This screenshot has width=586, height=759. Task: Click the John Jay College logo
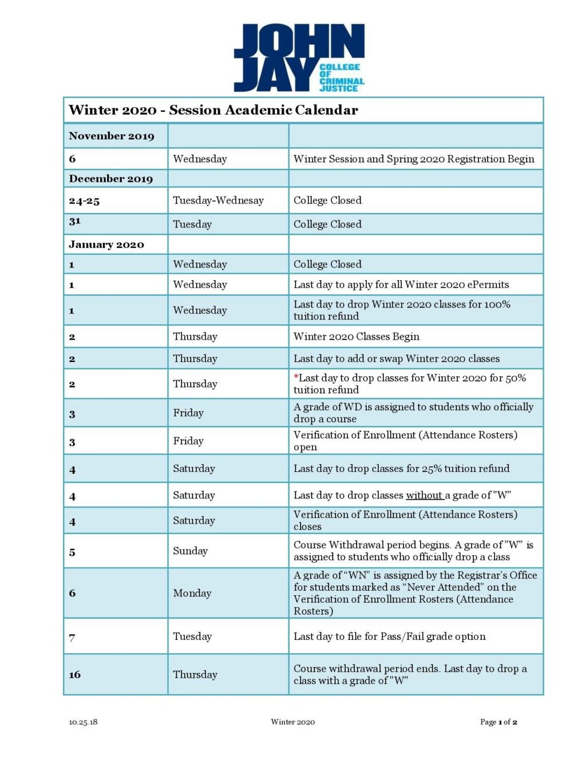[x=299, y=58]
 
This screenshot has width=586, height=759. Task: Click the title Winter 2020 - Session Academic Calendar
[x=213, y=110]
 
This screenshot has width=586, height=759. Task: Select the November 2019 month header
[x=112, y=136]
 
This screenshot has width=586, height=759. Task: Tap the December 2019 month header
[x=111, y=179]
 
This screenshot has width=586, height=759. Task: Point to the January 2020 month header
[x=106, y=245]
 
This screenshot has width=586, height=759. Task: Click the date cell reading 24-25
[x=84, y=201]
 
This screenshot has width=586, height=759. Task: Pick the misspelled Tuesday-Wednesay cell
[x=218, y=200]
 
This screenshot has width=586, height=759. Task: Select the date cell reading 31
[x=75, y=221]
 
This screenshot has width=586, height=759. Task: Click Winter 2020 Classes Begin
[x=356, y=336]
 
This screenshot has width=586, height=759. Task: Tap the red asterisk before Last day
[x=296, y=377]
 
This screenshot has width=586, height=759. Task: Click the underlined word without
[x=424, y=495]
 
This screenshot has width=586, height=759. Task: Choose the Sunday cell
[x=190, y=550]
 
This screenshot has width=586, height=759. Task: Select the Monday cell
[x=192, y=593]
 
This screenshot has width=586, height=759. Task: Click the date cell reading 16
[x=75, y=674]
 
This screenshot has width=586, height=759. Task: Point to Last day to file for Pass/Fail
[x=389, y=636]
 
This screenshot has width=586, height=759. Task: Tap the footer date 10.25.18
[x=83, y=722]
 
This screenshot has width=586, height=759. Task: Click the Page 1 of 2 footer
[x=498, y=722]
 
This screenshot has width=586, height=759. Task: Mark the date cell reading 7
[x=72, y=637]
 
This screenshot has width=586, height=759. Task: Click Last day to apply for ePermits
[x=401, y=285]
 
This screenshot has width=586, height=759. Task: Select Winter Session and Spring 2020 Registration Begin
[x=413, y=159]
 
